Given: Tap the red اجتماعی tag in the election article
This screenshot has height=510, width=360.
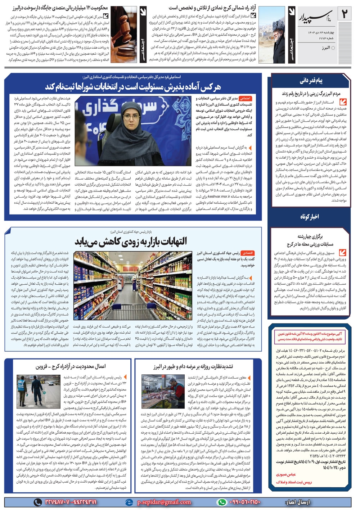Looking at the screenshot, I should click(x=245, y=98).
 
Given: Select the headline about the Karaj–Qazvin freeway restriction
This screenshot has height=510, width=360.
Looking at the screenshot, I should click(x=70, y=366).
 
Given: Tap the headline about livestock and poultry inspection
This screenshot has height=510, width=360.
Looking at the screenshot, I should click(x=193, y=366).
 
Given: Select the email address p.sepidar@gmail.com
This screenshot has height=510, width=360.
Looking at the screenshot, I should click(x=164, y=502).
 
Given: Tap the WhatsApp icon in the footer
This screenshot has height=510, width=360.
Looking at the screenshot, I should click(x=222, y=502).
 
